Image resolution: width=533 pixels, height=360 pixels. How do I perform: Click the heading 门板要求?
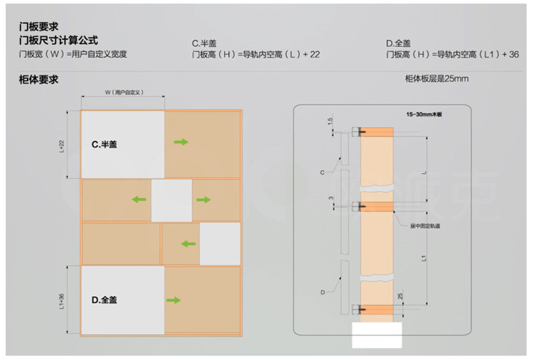click(38, 27)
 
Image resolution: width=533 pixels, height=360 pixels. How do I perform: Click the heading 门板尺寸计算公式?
click(58, 40)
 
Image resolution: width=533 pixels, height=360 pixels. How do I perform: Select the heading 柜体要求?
click(38, 80)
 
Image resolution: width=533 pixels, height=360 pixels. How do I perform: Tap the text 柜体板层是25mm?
click(436, 78)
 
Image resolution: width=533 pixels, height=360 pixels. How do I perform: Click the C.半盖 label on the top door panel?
click(105, 144)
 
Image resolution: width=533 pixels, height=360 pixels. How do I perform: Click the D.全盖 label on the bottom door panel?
click(104, 300)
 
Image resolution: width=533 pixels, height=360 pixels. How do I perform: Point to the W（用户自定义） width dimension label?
click(122, 92)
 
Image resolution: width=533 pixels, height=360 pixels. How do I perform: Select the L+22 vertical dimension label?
click(63, 145)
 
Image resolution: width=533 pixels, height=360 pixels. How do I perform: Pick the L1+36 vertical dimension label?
click(63, 300)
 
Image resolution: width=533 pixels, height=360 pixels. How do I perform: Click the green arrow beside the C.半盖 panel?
click(181, 143)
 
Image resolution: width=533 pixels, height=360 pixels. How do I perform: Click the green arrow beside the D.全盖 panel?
click(173, 301)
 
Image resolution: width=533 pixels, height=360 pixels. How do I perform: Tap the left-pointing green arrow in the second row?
click(139, 200)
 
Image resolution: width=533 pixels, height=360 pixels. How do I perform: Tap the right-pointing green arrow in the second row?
click(203, 200)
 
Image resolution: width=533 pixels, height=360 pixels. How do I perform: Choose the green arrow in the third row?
click(188, 244)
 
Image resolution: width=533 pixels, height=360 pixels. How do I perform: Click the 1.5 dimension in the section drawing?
click(330, 121)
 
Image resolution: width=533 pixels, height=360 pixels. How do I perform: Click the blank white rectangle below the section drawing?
click(377, 334)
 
